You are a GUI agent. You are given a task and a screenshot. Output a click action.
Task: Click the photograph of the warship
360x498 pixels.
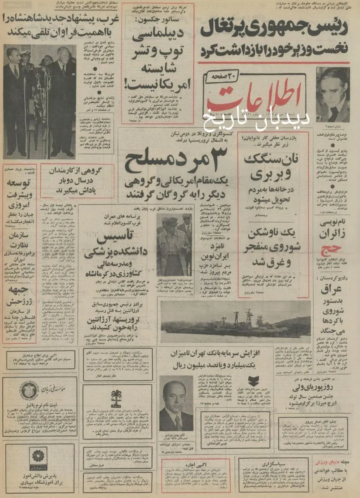(235, 321)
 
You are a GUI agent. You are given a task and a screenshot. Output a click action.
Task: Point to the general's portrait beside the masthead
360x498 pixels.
(332, 95)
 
